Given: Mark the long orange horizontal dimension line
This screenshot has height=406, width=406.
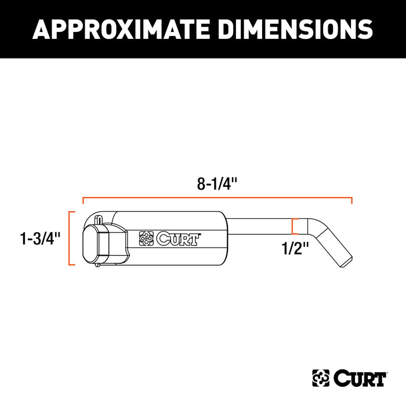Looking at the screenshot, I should [x=217, y=198].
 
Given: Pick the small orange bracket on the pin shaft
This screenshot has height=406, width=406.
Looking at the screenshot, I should [x=295, y=226].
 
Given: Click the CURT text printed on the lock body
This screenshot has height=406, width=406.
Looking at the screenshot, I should [x=179, y=237].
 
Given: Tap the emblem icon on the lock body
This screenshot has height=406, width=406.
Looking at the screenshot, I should [x=147, y=238].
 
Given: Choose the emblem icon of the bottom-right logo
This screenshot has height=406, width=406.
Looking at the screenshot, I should [x=321, y=378].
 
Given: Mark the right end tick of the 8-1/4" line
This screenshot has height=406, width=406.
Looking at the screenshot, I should [x=351, y=201].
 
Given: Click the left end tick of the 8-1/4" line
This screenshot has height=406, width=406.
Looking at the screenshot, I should [x=84, y=201].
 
